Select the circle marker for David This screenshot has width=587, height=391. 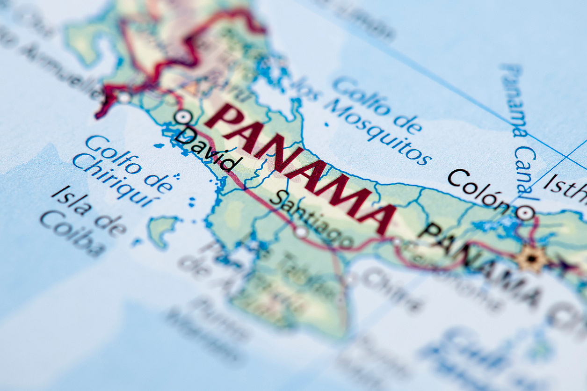[182, 117]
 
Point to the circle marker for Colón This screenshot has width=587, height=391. [525, 213]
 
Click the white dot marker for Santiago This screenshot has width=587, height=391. [301, 231]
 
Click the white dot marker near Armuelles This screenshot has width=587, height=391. [124, 98]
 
